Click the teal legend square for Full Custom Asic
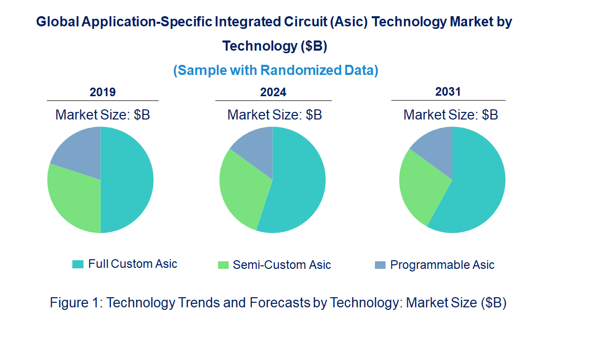click(78, 264)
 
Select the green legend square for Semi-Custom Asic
click(223, 265)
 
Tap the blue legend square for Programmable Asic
click(380, 265)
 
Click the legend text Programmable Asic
click(442, 265)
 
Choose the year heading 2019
click(103, 92)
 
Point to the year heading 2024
click(273, 92)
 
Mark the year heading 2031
click(448, 92)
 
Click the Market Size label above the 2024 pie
click(274, 115)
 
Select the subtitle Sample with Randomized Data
click(276, 70)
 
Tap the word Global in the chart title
click(57, 22)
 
